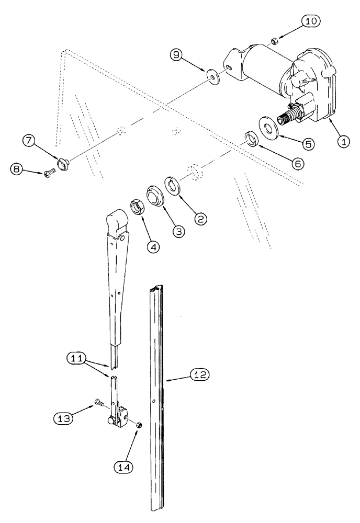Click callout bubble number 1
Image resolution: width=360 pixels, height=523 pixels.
click(x=343, y=140)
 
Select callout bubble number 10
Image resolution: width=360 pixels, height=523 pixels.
click(x=309, y=22)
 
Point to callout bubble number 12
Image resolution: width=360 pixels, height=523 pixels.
click(x=200, y=374)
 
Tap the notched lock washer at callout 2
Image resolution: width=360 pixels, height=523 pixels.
click(x=174, y=185)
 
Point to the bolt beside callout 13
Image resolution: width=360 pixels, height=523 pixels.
click(x=98, y=403)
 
